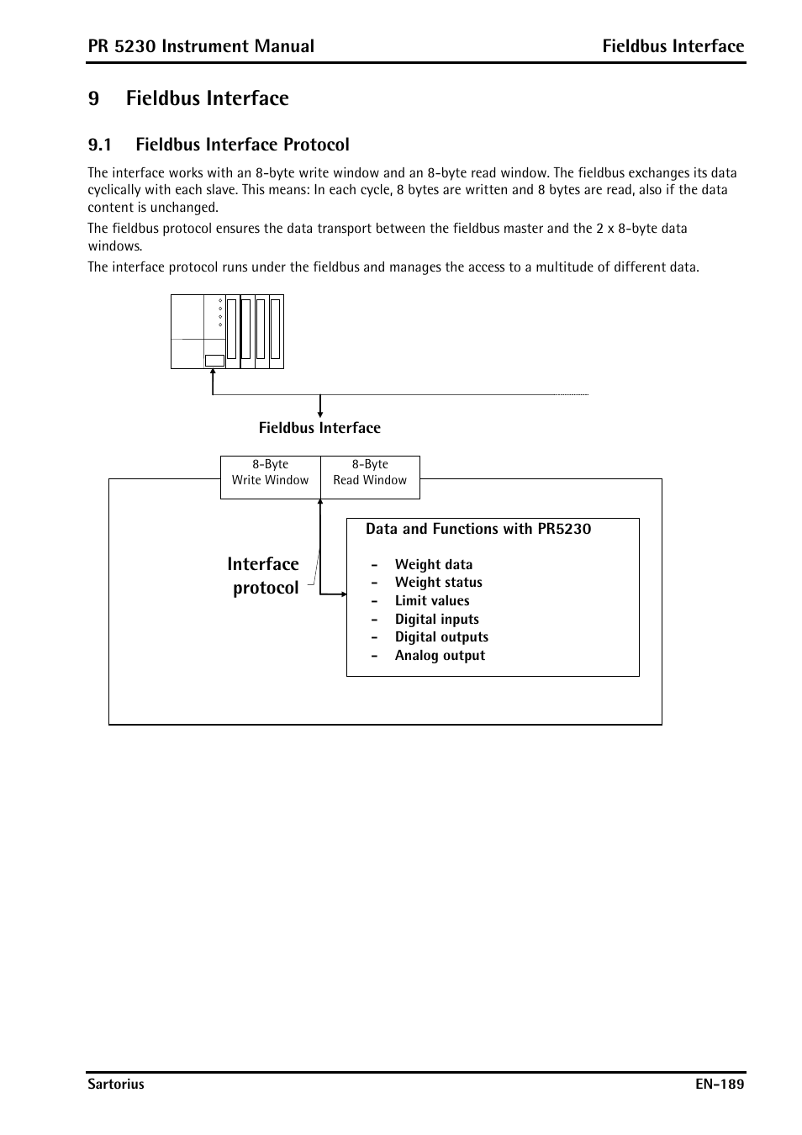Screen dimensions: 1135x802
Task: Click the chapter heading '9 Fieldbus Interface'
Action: (188, 98)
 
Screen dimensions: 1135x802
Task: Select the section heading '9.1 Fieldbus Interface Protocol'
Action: (219, 145)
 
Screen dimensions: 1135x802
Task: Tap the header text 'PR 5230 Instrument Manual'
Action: (201, 46)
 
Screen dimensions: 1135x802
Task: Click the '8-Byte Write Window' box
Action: (270, 472)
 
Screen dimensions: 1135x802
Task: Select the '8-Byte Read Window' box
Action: (370, 472)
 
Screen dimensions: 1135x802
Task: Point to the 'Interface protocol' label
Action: (264, 576)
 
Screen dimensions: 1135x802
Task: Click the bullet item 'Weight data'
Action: (433, 565)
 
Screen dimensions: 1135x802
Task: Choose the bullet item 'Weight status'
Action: (438, 583)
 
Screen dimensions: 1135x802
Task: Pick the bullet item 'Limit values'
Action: (432, 601)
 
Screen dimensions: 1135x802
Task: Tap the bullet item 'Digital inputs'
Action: (436, 620)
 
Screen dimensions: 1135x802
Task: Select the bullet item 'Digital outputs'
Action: (441, 637)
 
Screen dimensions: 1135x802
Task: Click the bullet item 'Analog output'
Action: (440, 656)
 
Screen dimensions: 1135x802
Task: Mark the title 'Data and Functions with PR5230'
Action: (478, 529)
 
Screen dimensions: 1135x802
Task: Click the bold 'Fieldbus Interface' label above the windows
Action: (319, 428)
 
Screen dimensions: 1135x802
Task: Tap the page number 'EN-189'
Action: (720, 1085)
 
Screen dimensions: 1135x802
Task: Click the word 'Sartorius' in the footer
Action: (116, 1085)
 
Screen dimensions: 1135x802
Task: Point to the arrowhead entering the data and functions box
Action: (342, 594)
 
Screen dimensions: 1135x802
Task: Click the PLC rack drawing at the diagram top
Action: (227, 331)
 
